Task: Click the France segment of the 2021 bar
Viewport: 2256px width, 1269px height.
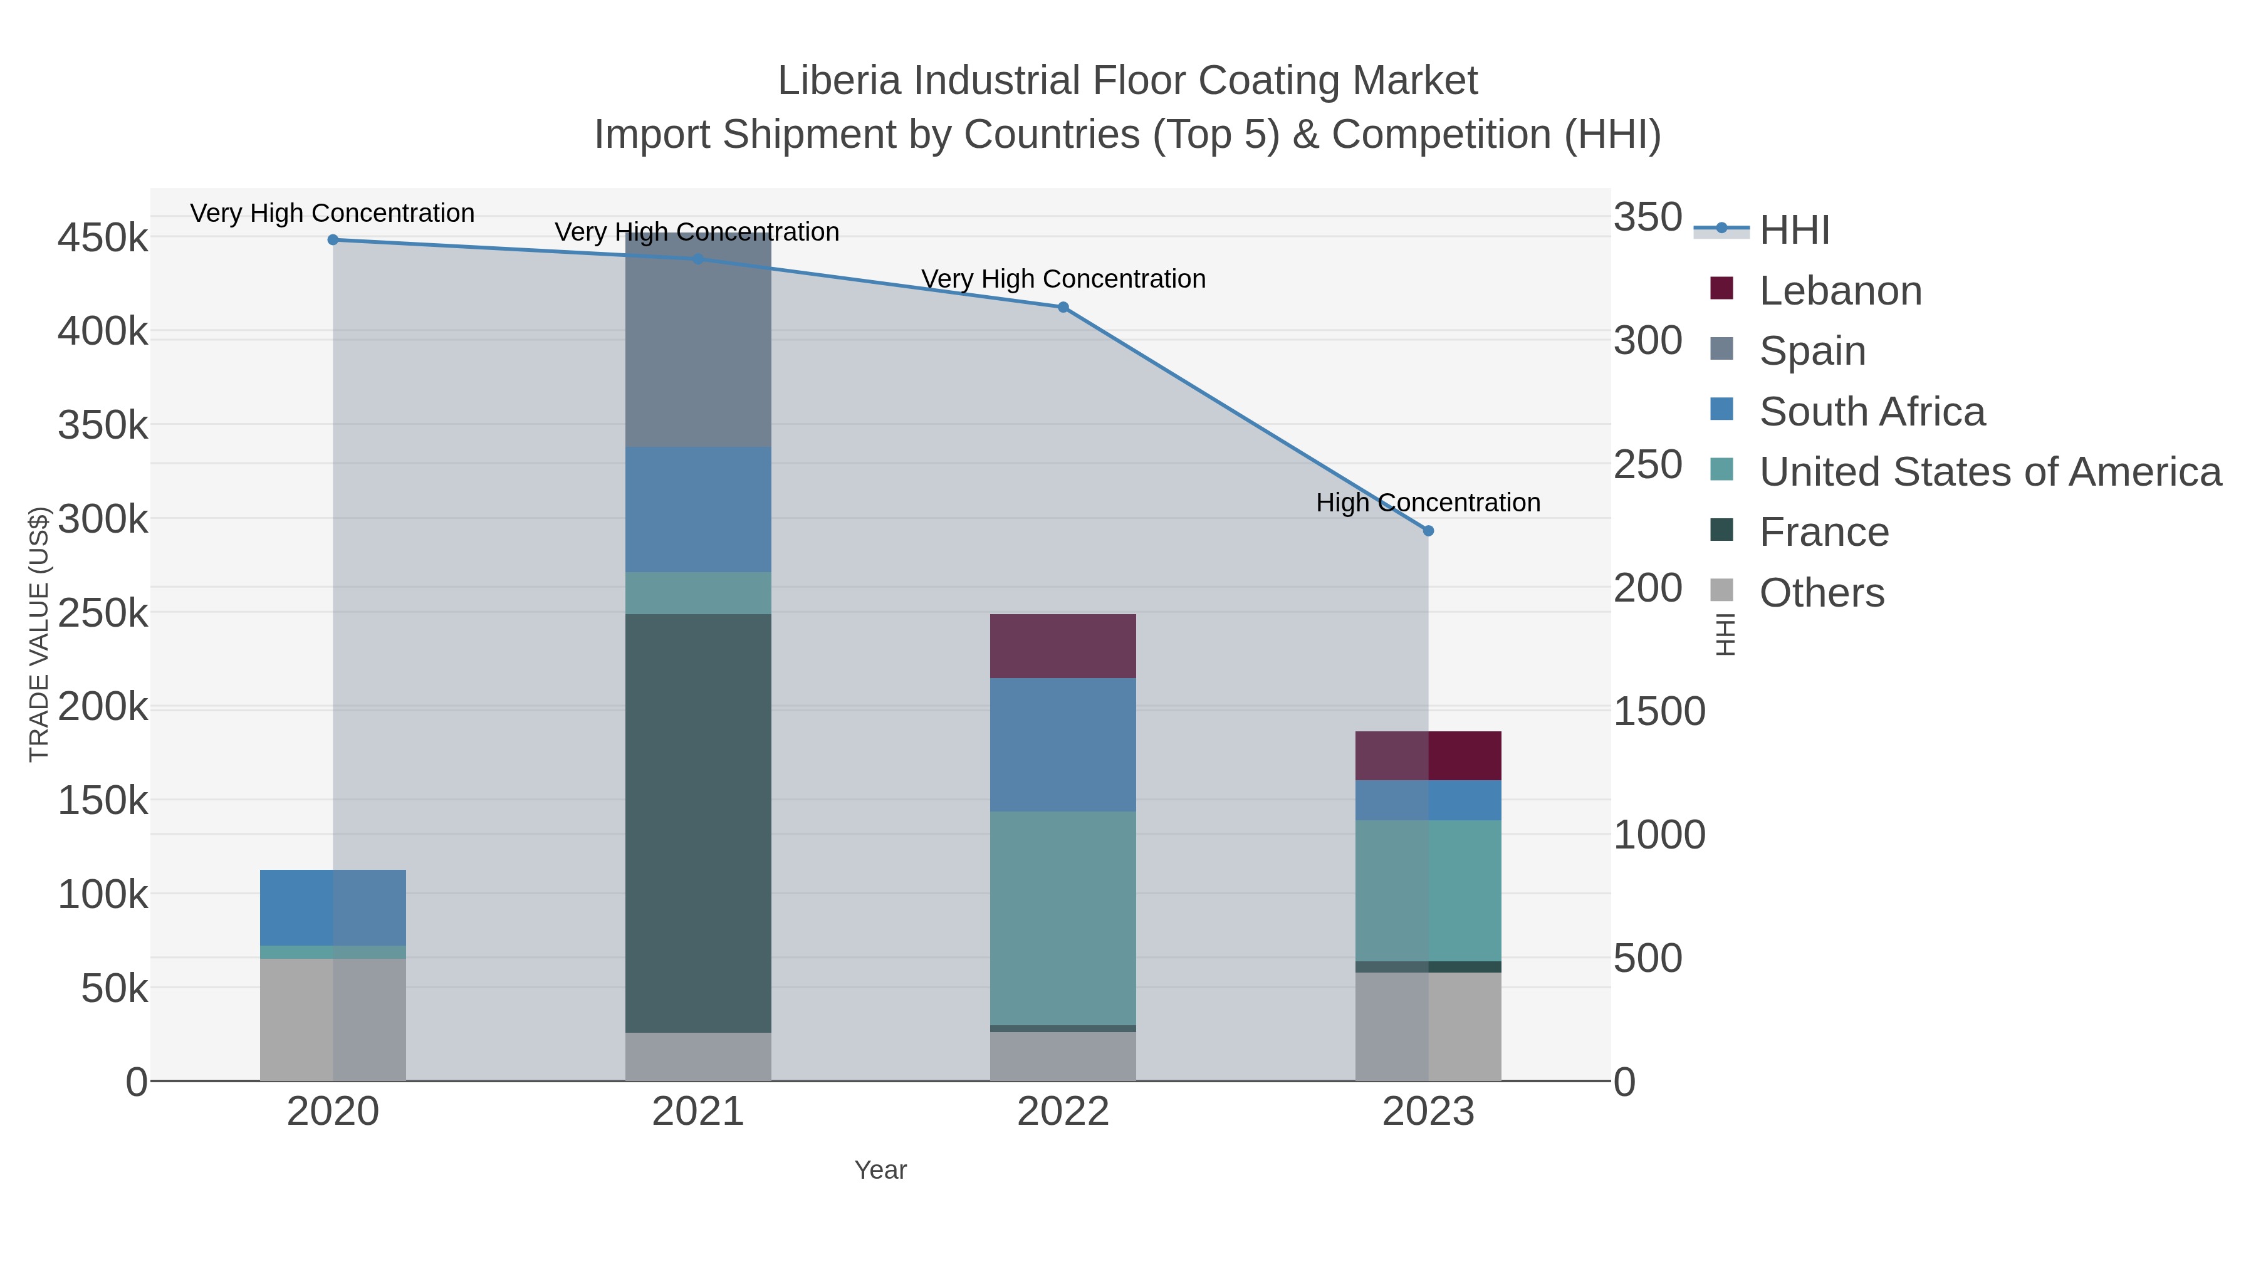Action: coord(698,823)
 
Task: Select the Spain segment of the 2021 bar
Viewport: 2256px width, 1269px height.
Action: coord(698,342)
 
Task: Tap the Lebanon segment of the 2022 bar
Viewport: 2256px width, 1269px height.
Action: coord(1062,646)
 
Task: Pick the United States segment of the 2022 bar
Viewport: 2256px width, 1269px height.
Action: coord(1062,918)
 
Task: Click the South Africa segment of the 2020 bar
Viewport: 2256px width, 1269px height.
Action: coord(333,907)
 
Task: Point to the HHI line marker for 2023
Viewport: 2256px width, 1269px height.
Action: coord(1428,531)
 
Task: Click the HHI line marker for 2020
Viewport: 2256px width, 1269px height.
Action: coord(333,240)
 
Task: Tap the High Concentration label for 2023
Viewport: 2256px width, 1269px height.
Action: coord(1428,503)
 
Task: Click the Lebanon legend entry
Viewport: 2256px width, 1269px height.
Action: coord(1839,291)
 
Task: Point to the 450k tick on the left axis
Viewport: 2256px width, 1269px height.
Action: coord(103,238)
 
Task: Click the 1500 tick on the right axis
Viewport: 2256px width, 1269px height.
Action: coord(1659,711)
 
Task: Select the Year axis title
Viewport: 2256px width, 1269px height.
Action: coord(880,1170)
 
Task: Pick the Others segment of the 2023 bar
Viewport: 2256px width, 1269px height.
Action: coord(1428,1026)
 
